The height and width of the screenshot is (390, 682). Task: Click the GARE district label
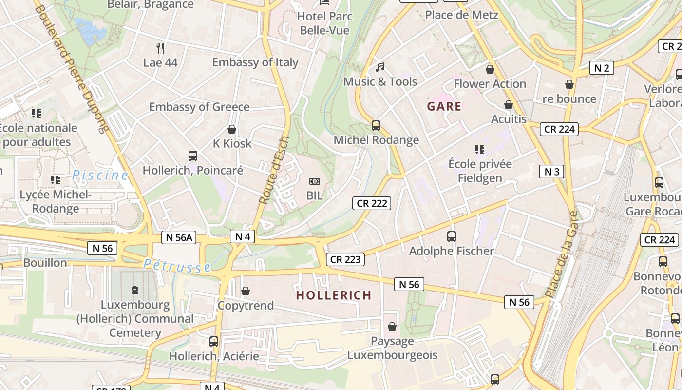pos(444,106)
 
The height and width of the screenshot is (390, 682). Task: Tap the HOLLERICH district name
pos(334,295)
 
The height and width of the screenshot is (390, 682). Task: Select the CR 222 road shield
pos(372,203)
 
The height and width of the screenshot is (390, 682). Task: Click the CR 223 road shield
pos(345,259)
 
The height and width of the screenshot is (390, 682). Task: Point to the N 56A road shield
pos(178,237)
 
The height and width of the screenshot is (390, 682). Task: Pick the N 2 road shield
pos(601,68)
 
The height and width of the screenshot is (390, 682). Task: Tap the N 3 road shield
pos(551,172)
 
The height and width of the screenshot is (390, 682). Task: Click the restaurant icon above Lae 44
pos(160,48)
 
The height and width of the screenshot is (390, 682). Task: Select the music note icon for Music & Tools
pos(380,67)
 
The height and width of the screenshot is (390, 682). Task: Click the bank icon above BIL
pos(315,181)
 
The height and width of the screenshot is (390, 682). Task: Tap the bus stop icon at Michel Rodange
pos(376,126)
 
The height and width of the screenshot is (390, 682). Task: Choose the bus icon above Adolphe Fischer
pos(452,236)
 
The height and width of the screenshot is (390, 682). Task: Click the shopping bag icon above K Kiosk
pos(232,129)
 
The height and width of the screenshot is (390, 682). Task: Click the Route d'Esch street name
pos(274,170)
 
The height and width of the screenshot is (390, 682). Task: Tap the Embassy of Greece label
pos(199,107)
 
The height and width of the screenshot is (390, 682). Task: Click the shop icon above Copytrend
pos(246,291)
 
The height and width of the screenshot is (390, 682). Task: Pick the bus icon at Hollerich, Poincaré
pos(193,156)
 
